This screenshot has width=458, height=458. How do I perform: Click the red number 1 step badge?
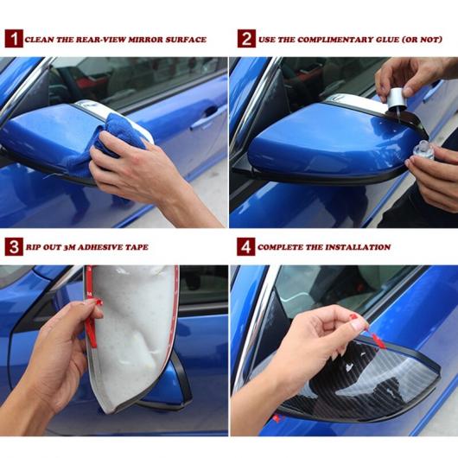[14, 38]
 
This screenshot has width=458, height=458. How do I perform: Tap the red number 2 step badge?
[246, 38]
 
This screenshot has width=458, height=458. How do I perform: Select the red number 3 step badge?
[14, 247]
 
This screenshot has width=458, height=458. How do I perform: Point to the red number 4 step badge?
[245, 247]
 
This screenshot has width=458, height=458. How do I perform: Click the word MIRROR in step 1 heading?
[145, 40]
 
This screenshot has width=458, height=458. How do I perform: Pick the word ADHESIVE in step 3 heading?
[100, 247]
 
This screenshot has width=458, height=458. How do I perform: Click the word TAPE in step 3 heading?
[137, 247]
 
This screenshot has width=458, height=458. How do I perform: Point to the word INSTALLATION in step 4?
[358, 247]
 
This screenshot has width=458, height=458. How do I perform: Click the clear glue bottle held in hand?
[423, 149]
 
